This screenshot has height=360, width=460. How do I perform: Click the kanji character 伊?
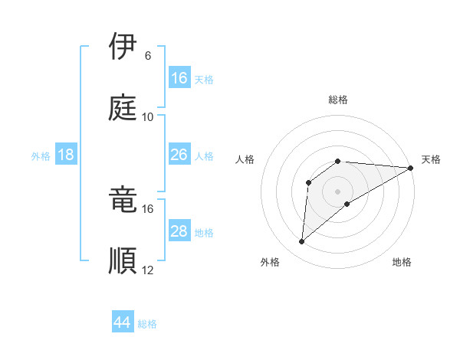[x=123, y=47]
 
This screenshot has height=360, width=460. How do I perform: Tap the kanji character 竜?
[x=123, y=200]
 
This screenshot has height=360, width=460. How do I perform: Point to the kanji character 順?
[x=123, y=260]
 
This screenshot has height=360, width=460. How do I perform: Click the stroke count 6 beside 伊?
[x=147, y=56]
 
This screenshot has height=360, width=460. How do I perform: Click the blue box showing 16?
[x=179, y=78]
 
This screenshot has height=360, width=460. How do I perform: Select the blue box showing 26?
[x=179, y=155]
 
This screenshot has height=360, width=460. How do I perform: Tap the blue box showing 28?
[x=179, y=231]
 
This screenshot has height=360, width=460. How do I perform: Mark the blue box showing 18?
[x=66, y=155]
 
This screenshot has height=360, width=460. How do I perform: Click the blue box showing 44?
[x=123, y=322]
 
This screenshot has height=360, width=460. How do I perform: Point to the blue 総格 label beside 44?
[x=147, y=324]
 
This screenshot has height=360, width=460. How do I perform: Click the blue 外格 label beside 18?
[x=41, y=156]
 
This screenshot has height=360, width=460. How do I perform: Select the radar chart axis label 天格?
[x=431, y=159]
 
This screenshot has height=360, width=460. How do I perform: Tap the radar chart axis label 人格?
[x=245, y=159]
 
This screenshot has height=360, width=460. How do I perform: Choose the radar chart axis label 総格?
[x=338, y=100]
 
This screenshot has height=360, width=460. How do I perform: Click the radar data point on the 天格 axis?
[x=411, y=168]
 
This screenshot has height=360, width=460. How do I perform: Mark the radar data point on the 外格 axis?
[x=302, y=242]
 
